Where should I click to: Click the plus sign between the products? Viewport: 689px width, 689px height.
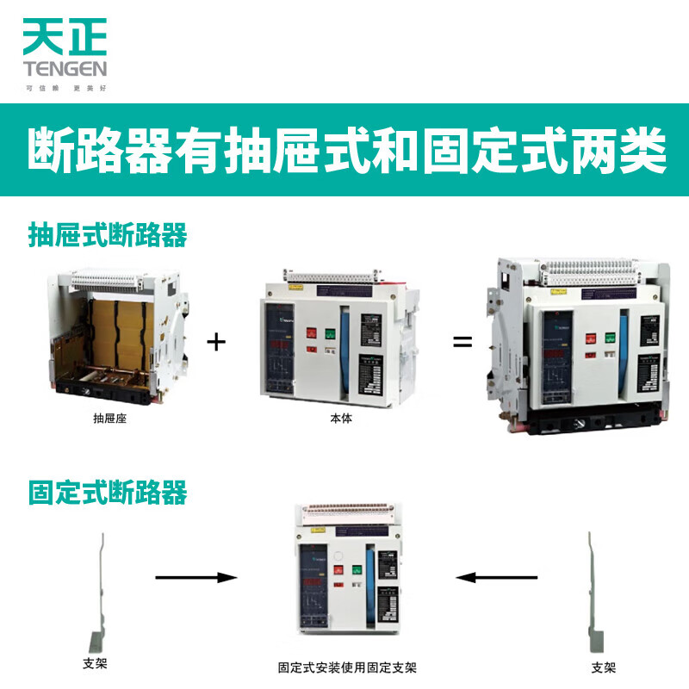click(x=216, y=342)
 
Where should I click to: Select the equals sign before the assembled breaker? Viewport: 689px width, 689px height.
click(x=463, y=342)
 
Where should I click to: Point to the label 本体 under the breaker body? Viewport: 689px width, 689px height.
click(x=340, y=419)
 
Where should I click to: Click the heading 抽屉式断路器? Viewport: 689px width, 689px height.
click(x=108, y=234)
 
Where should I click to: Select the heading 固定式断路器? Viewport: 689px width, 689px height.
click(x=108, y=493)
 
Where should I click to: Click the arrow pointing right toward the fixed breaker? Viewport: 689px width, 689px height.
click(x=196, y=577)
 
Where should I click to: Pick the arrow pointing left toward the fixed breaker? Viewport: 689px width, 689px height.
click(x=498, y=577)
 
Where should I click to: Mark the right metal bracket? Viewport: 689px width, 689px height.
click(x=595, y=594)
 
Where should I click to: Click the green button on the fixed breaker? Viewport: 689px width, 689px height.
click(x=355, y=570)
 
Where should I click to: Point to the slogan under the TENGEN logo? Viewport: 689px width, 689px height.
click(x=64, y=88)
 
